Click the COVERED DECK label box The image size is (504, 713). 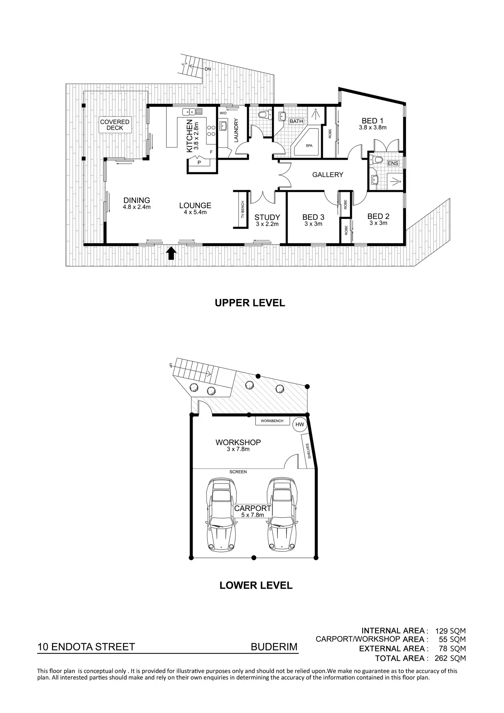pos(115,125)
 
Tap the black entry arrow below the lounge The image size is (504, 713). pos(171,254)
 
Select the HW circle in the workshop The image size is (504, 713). pos(300,425)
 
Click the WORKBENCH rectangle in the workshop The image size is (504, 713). pos(272,421)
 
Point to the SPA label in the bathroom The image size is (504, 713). pos(309,146)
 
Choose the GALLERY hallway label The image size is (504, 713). pos(327,175)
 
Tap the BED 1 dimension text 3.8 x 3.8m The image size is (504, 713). pos(373,127)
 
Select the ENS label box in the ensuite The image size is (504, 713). pos(393,163)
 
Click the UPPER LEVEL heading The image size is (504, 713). pos(250,303)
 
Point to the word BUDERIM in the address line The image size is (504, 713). pos(274,647)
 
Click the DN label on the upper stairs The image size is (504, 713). pos(208,69)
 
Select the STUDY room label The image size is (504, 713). pos(267,217)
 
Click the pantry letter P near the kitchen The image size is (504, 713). pos(199,163)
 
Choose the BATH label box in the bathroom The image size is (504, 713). pos(296,121)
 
